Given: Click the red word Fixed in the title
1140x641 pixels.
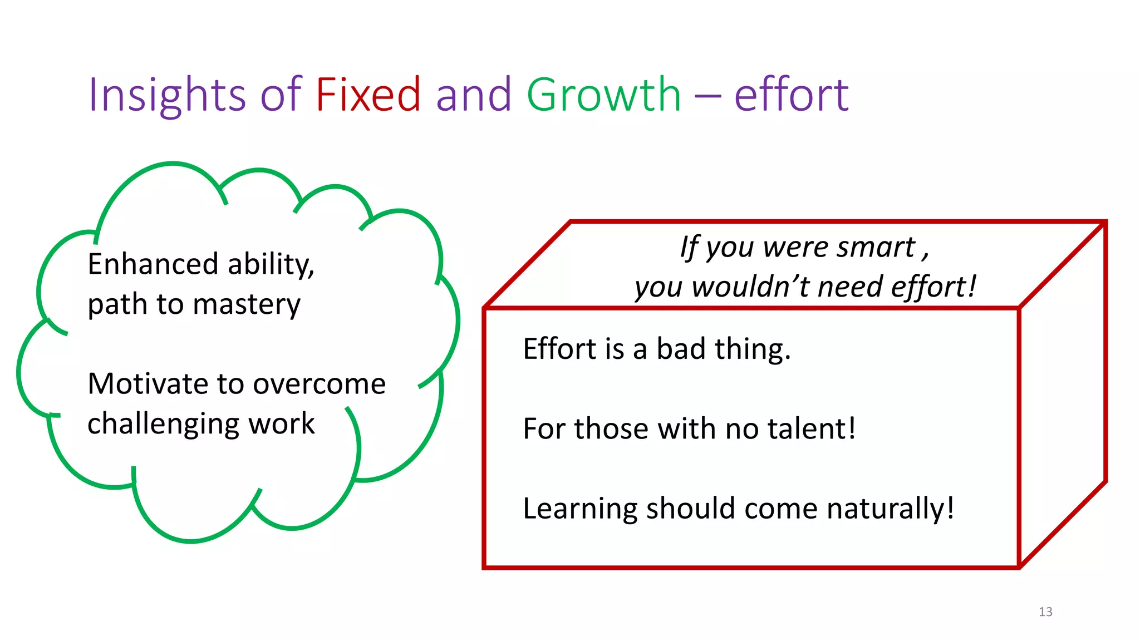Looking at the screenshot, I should tap(368, 95).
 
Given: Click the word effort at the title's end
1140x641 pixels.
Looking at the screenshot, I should tap(791, 95).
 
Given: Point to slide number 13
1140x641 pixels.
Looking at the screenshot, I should tap(1045, 612).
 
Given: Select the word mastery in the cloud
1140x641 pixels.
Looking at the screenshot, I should tap(247, 305).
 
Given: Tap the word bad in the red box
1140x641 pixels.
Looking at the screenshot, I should tap(681, 349).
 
